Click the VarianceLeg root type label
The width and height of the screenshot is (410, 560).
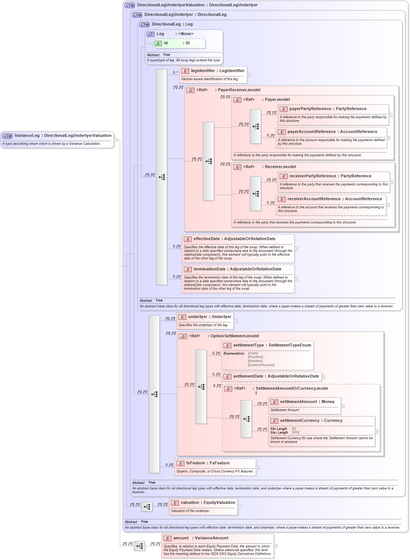pos(63,136)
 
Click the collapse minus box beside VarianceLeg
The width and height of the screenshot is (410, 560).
pos(116,140)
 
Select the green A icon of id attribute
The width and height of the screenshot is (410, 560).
pos(158,44)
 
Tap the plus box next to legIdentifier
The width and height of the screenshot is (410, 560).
pos(249,75)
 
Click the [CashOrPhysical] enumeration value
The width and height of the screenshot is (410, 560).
pos(261,365)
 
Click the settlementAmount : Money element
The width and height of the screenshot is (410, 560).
pos(307,402)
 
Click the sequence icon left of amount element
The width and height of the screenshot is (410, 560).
pos(139,546)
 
